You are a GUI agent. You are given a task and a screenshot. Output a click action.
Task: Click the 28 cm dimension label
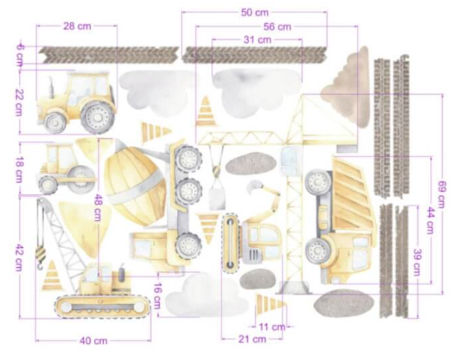click(x=77, y=26)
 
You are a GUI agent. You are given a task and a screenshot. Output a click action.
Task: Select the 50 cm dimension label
click(x=254, y=13)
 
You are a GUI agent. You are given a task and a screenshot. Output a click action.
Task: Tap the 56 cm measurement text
click(x=277, y=27)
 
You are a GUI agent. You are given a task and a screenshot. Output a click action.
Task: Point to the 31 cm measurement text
click(x=257, y=40)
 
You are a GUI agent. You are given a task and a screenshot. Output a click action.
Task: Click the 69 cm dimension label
click(x=443, y=194)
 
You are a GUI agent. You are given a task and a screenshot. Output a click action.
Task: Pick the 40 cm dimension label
click(x=93, y=341)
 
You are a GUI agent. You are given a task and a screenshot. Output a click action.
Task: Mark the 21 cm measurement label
click(x=252, y=339)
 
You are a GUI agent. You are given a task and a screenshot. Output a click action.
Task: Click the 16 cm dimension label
click(x=158, y=295)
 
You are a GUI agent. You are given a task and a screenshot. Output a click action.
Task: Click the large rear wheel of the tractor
click(x=98, y=117)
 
